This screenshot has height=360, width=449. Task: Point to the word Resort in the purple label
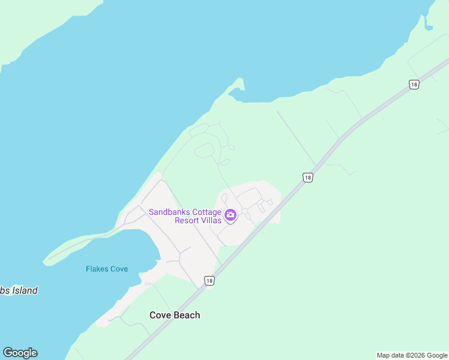coord(188,220)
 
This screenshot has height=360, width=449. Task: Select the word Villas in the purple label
coord(213,220)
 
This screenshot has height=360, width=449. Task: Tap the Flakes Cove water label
coord(107,269)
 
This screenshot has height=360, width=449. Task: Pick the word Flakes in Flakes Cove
coord(97,269)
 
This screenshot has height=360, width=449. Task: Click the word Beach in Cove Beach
coord(186,315)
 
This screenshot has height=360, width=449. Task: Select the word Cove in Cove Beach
coord(160,315)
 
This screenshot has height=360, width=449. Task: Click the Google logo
coord(20,353)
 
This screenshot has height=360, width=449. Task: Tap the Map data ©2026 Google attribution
coord(412,355)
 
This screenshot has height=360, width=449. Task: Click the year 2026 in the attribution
coord(415,355)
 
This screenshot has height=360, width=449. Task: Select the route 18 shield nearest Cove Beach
coord(209,281)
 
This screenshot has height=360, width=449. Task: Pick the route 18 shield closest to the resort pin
coord(307,177)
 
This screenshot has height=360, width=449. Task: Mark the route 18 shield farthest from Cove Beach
coord(414,85)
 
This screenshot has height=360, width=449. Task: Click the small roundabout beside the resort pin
coord(245,211)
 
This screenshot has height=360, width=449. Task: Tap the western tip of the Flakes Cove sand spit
coord(45,262)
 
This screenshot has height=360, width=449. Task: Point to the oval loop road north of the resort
coord(204,150)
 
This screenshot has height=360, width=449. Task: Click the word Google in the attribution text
coord(437,355)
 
